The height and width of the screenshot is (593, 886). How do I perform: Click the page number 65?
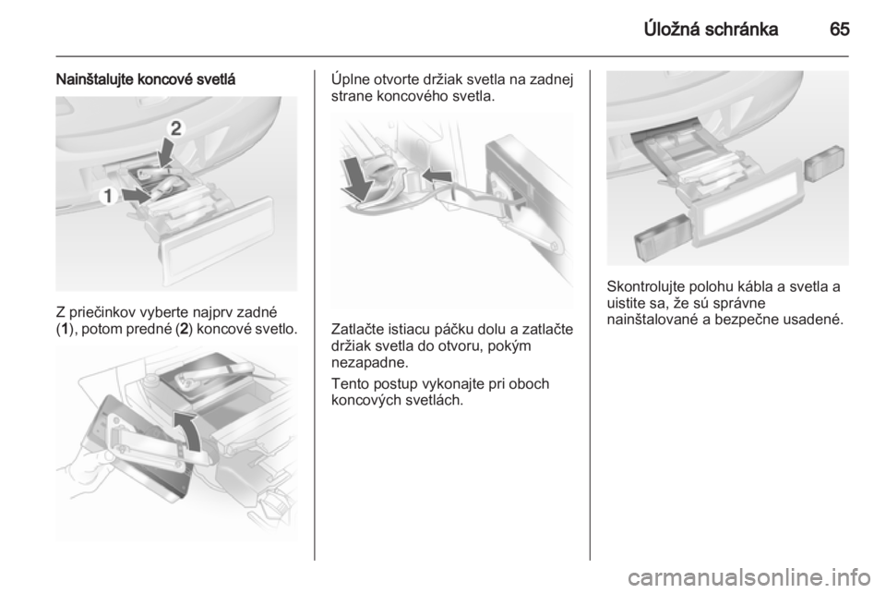tap(839, 29)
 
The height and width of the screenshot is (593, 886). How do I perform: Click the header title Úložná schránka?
tap(711, 29)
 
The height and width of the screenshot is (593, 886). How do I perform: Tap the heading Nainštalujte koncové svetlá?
tap(145, 79)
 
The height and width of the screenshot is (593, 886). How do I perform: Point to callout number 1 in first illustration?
tap(107, 197)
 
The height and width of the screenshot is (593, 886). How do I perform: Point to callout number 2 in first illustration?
tap(176, 128)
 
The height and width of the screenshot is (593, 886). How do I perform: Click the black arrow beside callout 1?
tap(138, 197)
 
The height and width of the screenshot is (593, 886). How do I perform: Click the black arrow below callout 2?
tap(164, 153)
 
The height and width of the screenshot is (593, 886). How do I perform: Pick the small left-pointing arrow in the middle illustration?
tap(437, 176)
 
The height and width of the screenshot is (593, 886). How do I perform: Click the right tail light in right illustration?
tap(825, 163)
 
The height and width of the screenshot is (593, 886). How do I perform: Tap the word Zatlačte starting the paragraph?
tap(359, 329)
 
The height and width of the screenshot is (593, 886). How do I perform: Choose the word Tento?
tap(349, 384)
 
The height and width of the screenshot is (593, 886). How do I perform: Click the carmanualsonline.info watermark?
tap(748, 577)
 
